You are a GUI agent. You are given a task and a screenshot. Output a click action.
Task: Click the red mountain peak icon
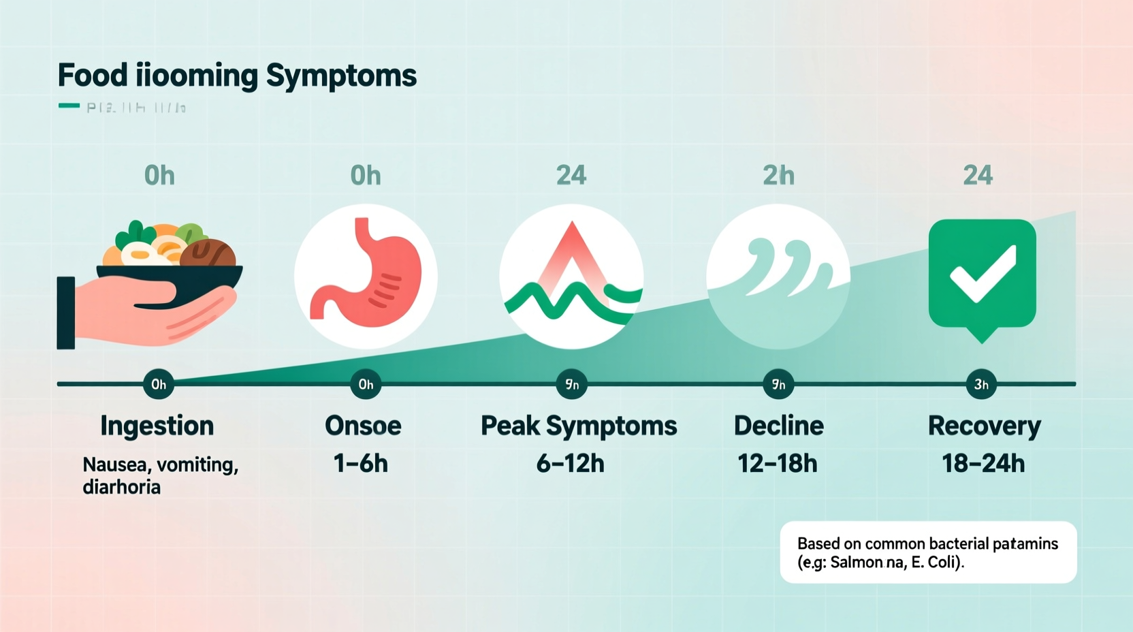(572, 259)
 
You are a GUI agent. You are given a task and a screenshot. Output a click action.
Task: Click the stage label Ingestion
(157, 426)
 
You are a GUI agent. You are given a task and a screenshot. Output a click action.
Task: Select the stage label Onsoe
(363, 426)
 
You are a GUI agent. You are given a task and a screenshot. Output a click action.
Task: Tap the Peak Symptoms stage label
(579, 426)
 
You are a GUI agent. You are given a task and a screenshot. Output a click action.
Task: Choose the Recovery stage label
(984, 426)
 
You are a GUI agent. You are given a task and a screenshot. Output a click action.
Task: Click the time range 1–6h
(361, 464)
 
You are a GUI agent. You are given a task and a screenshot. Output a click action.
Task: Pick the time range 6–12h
(571, 464)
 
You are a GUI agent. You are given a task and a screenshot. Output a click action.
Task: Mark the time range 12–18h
(778, 464)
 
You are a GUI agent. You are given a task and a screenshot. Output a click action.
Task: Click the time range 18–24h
(983, 464)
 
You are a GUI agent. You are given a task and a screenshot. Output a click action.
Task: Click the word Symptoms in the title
(340, 76)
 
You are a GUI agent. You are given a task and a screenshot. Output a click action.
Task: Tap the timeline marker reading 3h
(981, 384)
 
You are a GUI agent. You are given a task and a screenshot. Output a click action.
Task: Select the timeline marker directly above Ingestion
(159, 384)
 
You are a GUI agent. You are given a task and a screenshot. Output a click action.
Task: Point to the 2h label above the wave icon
(778, 176)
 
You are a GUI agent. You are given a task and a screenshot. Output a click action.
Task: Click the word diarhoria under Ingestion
(121, 487)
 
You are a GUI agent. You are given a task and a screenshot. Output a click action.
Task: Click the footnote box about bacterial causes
(928, 552)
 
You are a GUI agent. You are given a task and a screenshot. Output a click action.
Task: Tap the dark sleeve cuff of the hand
(66, 313)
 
